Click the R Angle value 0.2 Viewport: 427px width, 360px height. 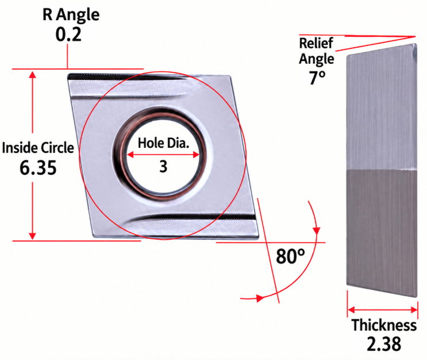point(68,35)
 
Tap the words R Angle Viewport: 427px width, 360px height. point(71,14)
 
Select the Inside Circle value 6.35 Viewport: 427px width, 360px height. point(38,167)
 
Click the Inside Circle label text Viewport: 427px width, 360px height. point(38,148)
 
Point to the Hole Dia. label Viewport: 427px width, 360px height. point(163,143)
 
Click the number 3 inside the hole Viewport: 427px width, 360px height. point(163,167)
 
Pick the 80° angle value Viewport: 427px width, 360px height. point(290,256)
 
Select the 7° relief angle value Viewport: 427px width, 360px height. point(317,78)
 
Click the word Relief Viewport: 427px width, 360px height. point(316,43)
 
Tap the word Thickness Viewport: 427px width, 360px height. point(384,325)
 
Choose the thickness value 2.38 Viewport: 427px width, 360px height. point(384,344)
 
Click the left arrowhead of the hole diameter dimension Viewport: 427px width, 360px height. point(130,155)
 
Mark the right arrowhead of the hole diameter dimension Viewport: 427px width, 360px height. point(196,155)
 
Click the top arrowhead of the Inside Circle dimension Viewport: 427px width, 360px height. point(32,75)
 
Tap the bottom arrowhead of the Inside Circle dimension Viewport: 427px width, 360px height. point(32,236)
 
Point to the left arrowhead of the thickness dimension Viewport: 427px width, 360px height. point(351,310)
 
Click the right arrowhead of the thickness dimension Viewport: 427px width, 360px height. point(414,310)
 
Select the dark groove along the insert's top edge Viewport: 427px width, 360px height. point(125,77)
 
